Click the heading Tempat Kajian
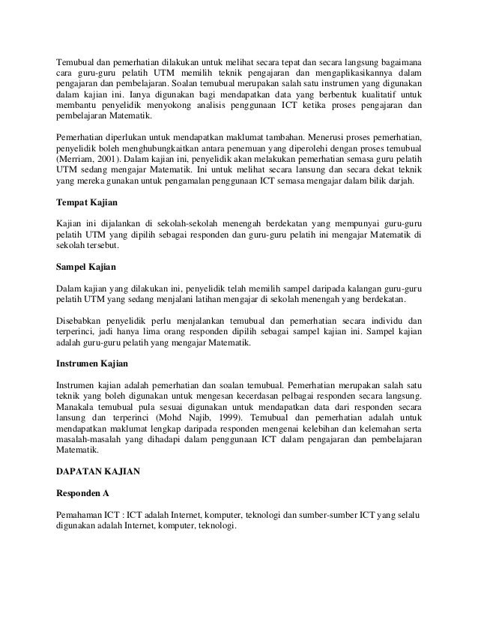point(89,202)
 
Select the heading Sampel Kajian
point(88,266)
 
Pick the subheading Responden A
point(85,495)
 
